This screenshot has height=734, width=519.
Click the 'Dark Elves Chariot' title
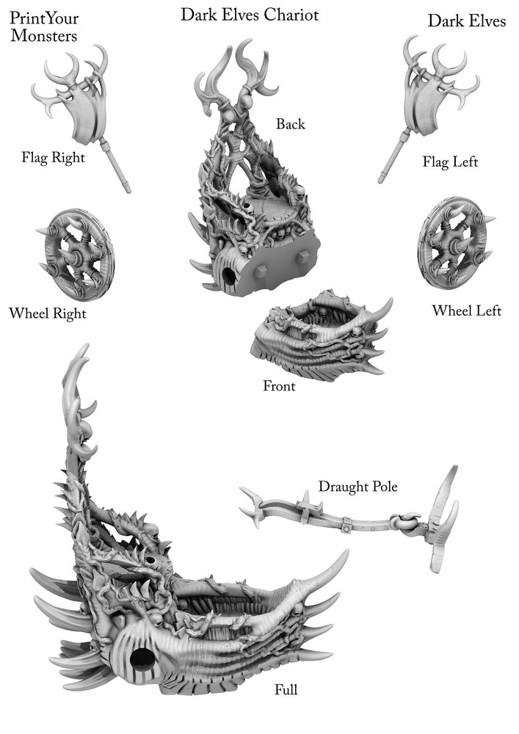click(250, 14)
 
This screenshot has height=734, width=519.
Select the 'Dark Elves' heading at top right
click(466, 21)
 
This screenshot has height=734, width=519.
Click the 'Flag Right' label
click(53, 157)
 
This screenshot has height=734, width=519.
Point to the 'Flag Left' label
click(450, 161)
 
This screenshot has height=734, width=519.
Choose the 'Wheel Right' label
click(47, 314)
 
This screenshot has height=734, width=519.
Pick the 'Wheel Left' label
click(466, 310)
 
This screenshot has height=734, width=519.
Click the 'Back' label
click(290, 124)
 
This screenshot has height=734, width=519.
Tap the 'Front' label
click(279, 385)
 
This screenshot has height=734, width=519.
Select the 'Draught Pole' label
click(358, 487)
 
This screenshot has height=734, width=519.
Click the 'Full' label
click(286, 689)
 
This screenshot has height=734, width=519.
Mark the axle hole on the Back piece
click(228, 278)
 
